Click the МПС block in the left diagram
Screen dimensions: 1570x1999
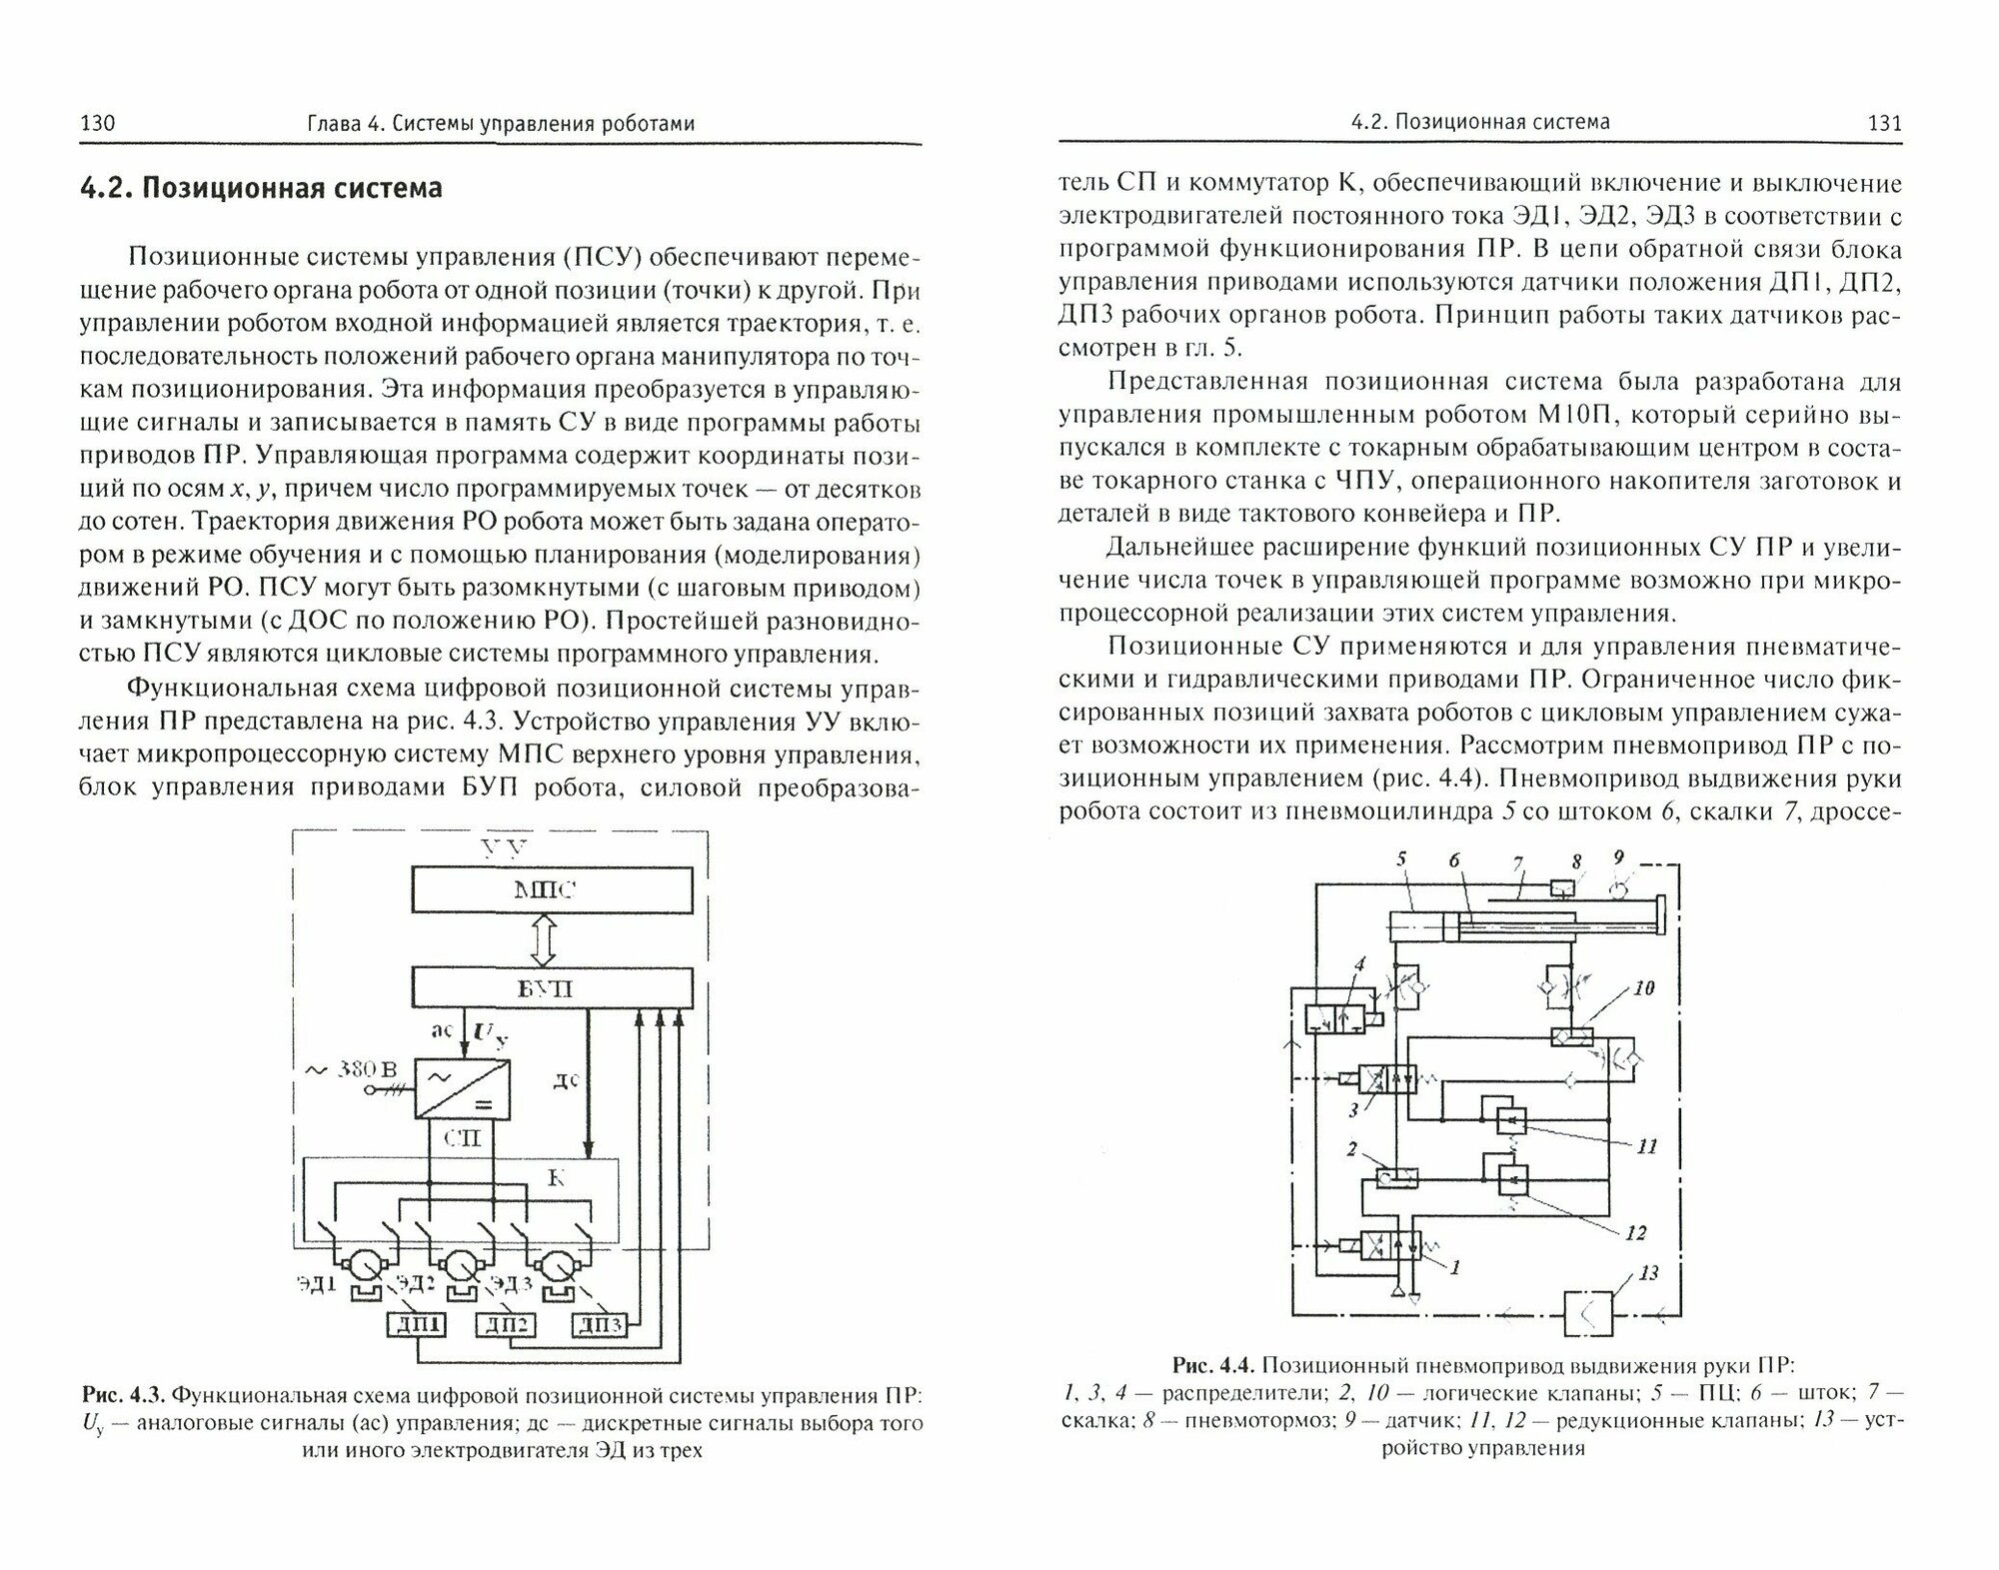click(553, 890)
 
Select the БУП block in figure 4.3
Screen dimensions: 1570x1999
click(553, 988)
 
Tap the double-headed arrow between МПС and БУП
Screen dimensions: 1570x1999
click(543, 939)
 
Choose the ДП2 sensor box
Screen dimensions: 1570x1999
click(507, 1325)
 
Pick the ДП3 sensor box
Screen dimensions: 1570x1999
click(599, 1325)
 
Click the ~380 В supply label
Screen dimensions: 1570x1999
click(349, 1069)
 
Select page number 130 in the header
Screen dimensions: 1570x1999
click(98, 124)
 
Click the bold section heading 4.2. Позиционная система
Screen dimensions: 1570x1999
click(260, 188)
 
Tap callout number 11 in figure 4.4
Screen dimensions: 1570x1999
click(1647, 1146)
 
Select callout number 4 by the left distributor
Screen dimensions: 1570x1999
click(1358, 964)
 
